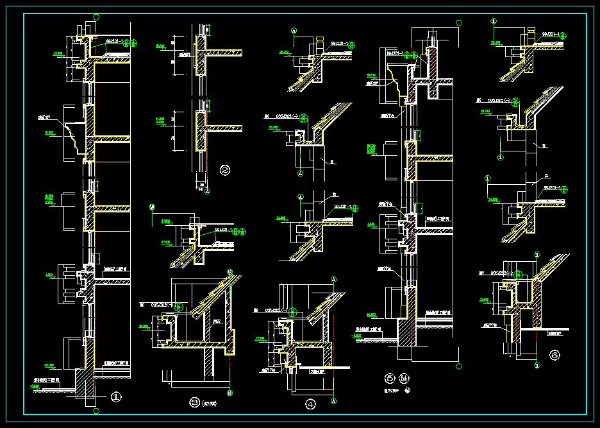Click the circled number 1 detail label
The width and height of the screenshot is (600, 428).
(115, 397)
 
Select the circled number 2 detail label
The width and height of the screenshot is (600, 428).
(225, 170)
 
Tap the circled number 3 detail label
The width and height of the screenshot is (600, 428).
(195, 402)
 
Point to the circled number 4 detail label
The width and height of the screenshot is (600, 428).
(310, 404)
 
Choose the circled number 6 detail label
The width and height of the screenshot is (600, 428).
(555, 354)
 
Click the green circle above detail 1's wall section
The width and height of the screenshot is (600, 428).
(96, 17)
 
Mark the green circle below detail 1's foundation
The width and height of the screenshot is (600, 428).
(96, 411)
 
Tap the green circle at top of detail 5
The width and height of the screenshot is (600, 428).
(459, 23)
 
